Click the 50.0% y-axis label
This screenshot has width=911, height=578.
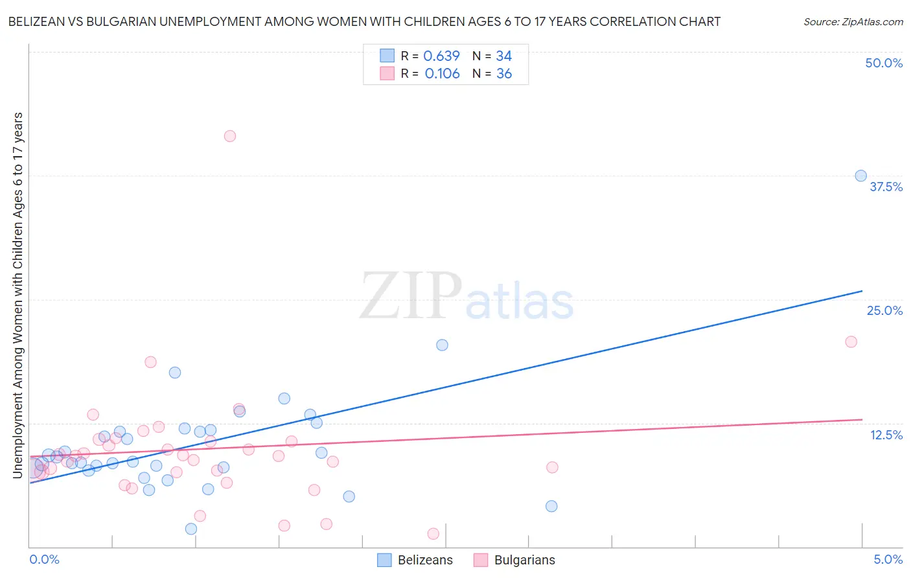(x=884, y=63)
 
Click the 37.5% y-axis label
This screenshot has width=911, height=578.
(x=886, y=187)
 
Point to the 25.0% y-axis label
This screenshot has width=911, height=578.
(x=884, y=310)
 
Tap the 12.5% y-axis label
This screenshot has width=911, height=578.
(x=886, y=435)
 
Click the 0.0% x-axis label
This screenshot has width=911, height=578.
(x=44, y=559)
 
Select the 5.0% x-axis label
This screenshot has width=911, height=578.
(x=888, y=559)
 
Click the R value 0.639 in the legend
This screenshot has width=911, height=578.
(x=441, y=56)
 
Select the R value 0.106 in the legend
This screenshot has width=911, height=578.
(x=442, y=74)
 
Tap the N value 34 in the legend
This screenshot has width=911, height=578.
(x=503, y=56)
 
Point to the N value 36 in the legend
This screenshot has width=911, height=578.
(x=503, y=74)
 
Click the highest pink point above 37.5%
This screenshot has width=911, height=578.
(x=229, y=136)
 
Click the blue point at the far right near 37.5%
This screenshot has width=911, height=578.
(x=860, y=176)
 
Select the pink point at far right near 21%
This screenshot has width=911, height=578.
(x=851, y=341)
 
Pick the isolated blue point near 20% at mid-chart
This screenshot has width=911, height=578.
(x=442, y=345)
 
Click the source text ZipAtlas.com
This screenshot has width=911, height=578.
(x=853, y=22)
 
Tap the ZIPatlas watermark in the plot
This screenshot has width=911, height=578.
(x=467, y=297)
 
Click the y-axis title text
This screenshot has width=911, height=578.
(x=17, y=295)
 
